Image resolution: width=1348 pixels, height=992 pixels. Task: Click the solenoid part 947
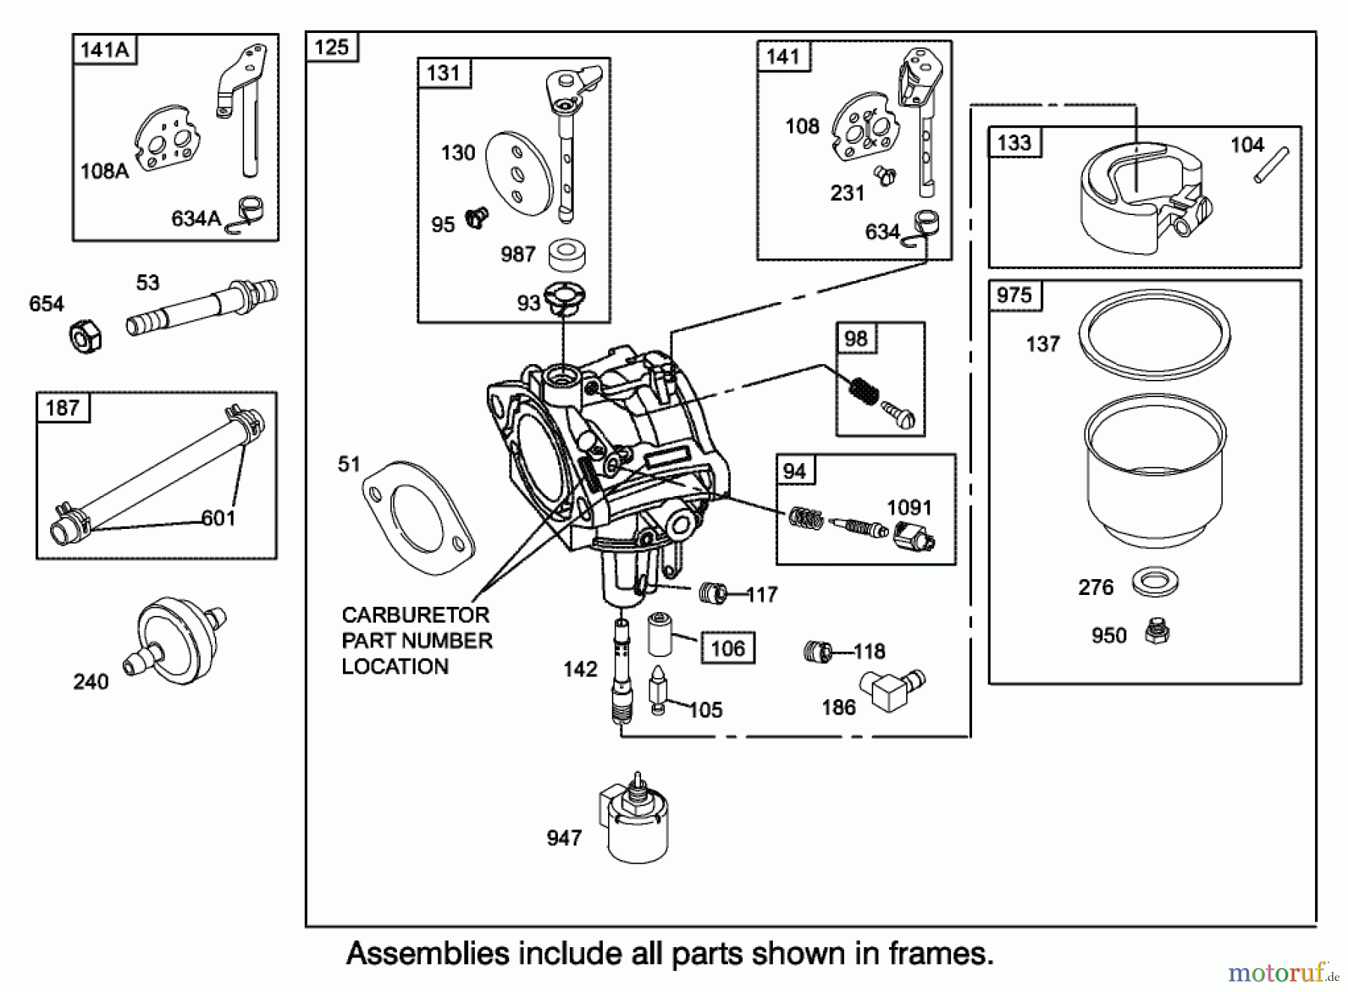[637, 823]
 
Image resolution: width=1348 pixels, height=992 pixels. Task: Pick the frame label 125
[332, 47]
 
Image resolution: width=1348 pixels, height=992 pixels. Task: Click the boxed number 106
[727, 648]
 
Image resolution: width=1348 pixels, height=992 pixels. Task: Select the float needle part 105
[658, 690]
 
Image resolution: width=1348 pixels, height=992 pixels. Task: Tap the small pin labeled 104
[1271, 165]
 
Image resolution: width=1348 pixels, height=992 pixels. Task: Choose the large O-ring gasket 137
[1154, 333]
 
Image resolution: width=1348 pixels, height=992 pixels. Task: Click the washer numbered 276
[1155, 582]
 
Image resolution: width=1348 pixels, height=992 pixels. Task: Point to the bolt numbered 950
[1157, 632]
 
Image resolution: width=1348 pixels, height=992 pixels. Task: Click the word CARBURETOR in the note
[415, 615]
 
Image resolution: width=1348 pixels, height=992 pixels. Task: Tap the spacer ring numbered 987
[566, 254]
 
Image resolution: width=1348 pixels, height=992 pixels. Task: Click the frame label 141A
[104, 50]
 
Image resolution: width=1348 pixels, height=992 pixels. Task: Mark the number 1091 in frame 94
[909, 507]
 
